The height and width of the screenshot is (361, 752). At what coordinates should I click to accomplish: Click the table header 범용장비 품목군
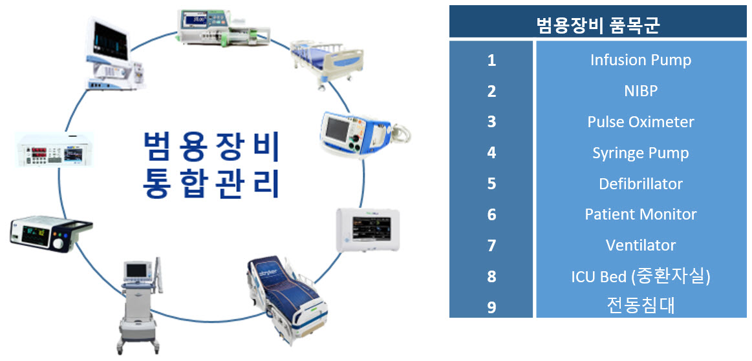click(597, 25)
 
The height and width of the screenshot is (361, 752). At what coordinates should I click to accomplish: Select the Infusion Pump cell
click(640, 60)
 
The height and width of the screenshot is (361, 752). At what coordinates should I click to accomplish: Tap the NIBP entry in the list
click(640, 91)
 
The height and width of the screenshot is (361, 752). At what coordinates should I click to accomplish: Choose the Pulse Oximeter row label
click(640, 122)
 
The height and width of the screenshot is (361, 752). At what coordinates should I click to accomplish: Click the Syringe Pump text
click(640, 153)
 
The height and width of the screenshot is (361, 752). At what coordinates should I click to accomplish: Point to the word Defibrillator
click(640, 184)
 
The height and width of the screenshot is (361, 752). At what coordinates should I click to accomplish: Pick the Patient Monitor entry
click(640, 214)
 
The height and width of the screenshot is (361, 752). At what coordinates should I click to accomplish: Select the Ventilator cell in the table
click(640, 245)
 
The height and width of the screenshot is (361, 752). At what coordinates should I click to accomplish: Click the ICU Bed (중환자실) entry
click(640, 276)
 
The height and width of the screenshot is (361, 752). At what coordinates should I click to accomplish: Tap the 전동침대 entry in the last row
click(640, 305)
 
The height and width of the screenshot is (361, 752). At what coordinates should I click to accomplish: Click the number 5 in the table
click(491, 184)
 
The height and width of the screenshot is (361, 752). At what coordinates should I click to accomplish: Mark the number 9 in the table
click(491, 306)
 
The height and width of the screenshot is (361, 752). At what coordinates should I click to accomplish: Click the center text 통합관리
click(211, 183)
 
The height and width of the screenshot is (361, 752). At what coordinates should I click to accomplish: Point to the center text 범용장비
click(211, 147)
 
